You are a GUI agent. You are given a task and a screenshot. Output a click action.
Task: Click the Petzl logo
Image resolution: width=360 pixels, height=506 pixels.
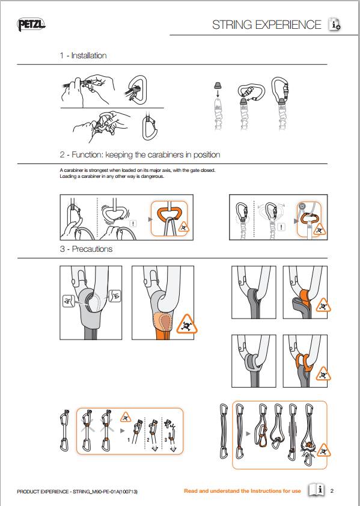(x=31, y=25)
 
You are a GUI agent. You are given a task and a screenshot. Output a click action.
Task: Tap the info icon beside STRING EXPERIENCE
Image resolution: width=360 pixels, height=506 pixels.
(x=335, y=24)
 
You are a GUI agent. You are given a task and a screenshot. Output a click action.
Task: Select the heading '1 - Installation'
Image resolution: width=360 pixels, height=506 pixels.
(x=83, y=55)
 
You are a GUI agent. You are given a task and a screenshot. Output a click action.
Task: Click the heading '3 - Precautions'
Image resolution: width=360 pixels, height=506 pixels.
(x=86, y=249)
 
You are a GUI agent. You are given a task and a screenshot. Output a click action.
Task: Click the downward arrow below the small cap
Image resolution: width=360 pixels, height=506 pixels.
(x=218, y=94)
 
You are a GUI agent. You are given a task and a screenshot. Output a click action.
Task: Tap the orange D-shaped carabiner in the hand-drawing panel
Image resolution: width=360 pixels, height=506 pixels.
(x=169, y=214)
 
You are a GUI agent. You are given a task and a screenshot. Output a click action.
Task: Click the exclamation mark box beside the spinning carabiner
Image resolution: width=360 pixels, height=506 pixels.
(x=133, y=224)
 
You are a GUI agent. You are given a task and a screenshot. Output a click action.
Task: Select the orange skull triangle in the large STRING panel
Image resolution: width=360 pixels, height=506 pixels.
(x=186, y=325)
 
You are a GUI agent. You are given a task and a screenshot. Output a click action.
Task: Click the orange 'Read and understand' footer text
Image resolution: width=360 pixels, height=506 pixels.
(x=242, y=491)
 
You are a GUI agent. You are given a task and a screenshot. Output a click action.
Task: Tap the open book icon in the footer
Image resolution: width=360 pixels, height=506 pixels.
(x=316, y=490)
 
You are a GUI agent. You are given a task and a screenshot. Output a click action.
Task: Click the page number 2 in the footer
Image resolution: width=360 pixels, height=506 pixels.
(x=332, y=491)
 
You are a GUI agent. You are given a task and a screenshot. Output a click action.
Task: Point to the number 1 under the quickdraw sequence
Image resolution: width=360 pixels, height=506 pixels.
(x=129, y=439)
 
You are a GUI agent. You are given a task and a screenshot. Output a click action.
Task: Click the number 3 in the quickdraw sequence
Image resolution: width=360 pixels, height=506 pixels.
(x=166, y=439)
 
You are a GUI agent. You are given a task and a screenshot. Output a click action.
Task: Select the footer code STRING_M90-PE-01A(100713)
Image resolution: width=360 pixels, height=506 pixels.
(x=105, y=492)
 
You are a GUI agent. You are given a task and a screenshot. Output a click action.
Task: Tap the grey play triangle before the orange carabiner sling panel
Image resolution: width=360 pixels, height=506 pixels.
(x=248, y=433)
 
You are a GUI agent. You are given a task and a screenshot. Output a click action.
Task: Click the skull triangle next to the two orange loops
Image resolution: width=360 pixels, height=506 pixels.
(x=323, y=374)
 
